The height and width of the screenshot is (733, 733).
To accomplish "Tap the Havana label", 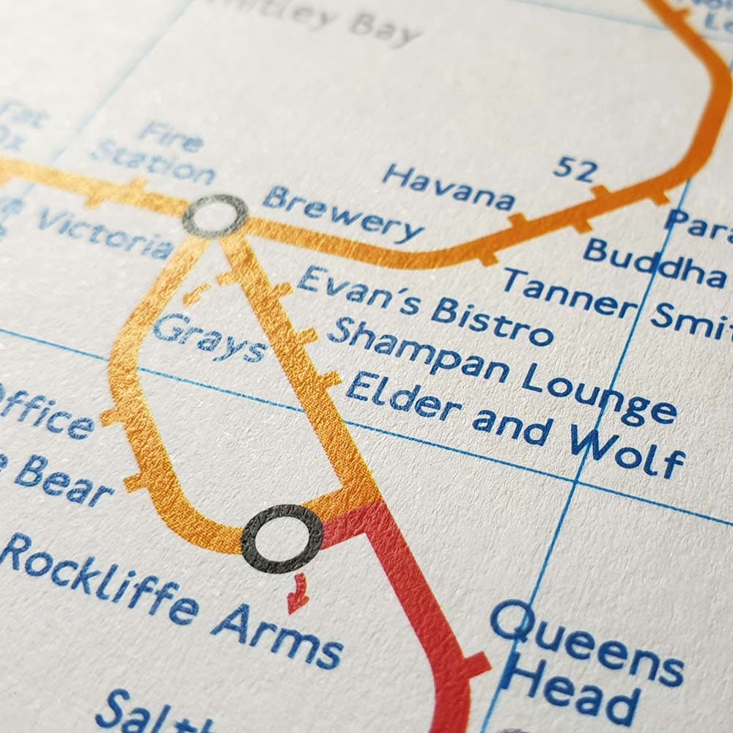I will [448, 186].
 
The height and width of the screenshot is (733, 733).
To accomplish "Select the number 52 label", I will [575, 168].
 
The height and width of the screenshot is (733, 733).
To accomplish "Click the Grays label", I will [209, 339].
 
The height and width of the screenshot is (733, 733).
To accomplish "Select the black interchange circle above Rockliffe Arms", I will [282, 539].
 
